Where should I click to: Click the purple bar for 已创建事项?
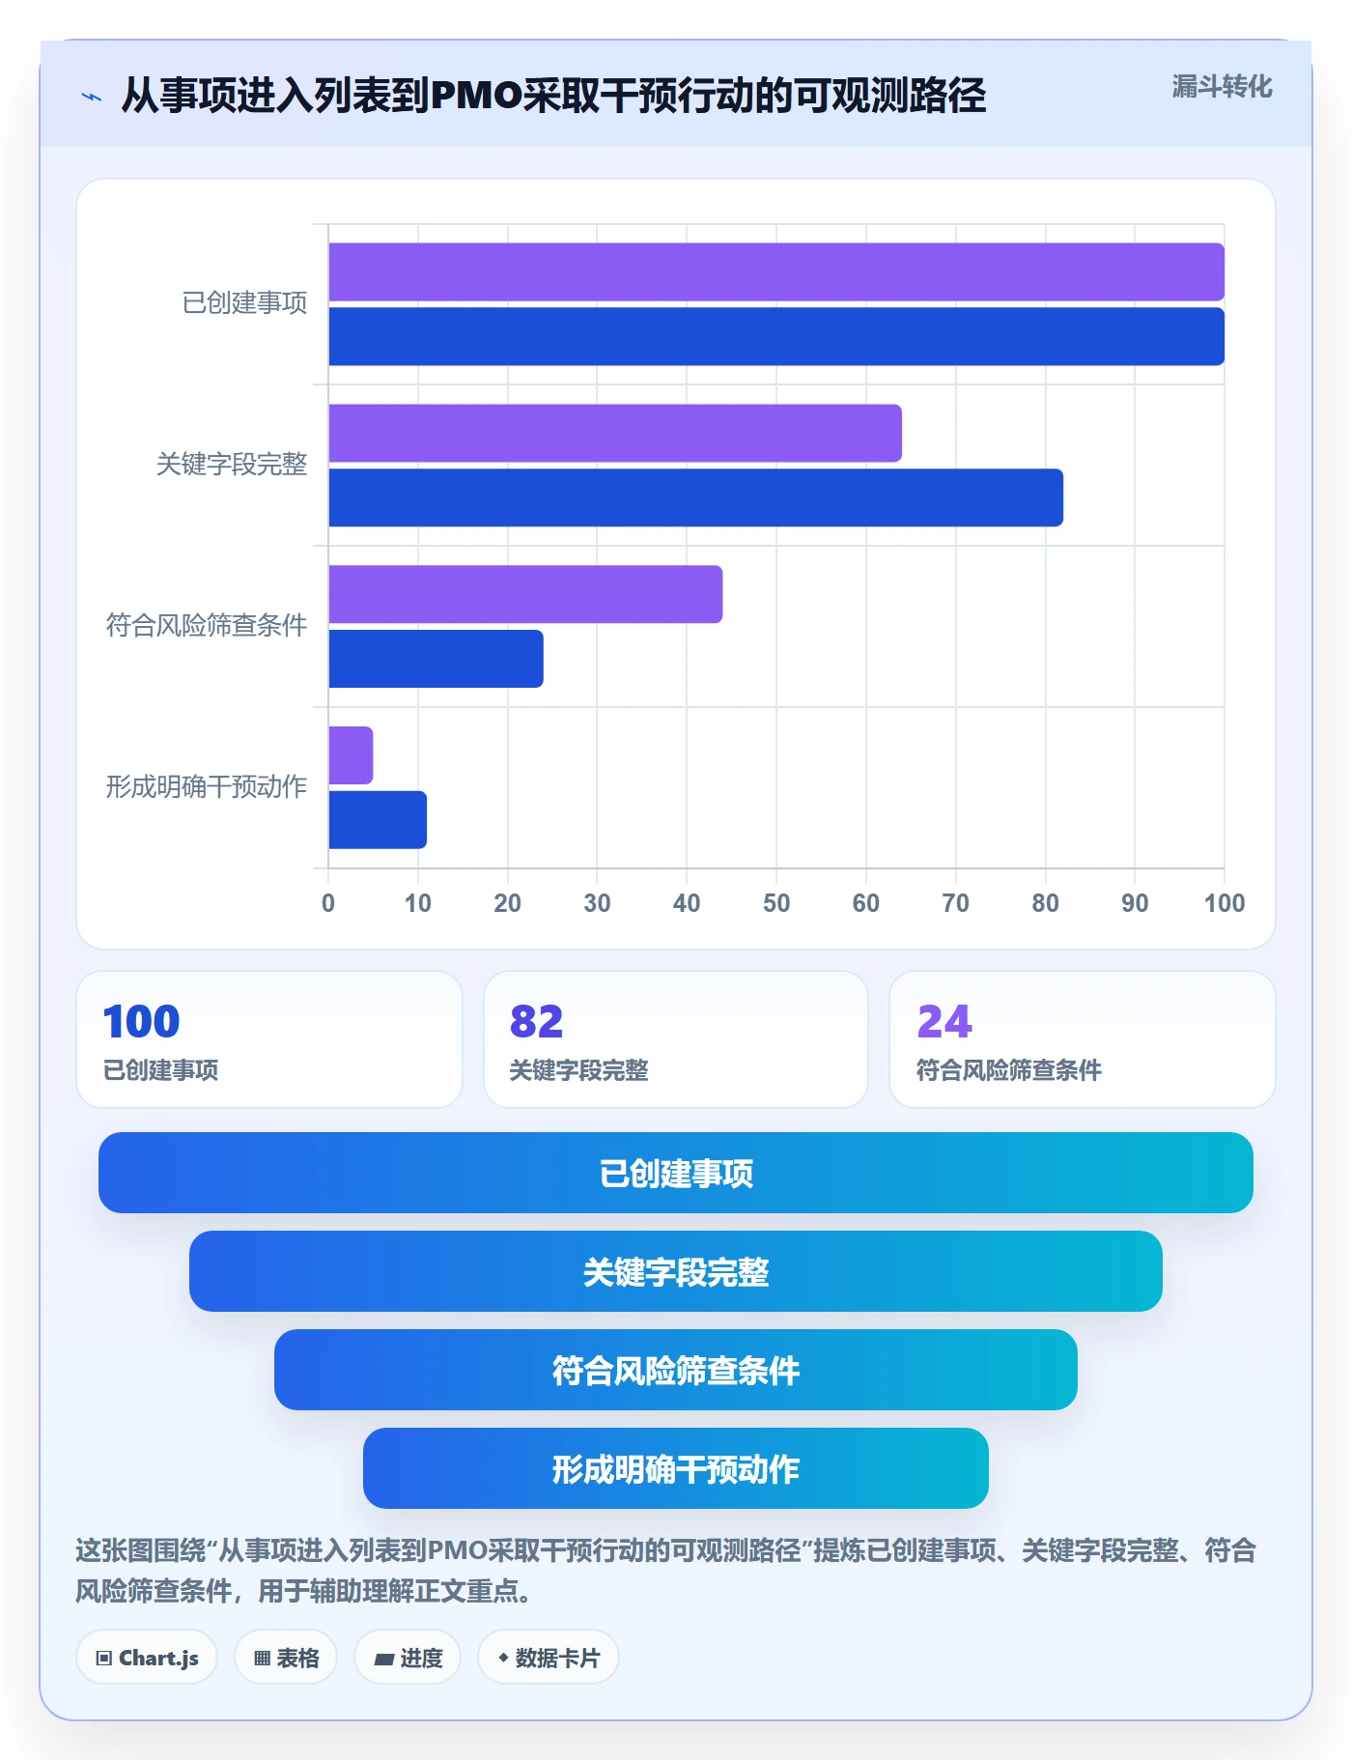pos(776,272)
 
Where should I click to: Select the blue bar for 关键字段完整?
pos(695,497)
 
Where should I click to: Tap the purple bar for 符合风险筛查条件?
pos(525,594)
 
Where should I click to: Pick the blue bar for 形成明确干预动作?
pos(378,820)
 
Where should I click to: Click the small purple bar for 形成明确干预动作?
pos(351,755)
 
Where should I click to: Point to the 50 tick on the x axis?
pos(776,903)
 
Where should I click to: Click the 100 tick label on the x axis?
pos(1225,903)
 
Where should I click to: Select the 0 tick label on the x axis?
pos(328,903)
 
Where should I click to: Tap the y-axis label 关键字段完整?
pos(232,465)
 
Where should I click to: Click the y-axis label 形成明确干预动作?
pos(207,787)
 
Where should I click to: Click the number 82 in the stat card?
pos(536,1021)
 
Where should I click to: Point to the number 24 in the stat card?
pos(944,1021)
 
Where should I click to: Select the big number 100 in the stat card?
pos(141,1021)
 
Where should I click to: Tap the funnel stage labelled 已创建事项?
pos(676,1173)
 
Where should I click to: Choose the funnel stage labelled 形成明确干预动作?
pos(676,1468)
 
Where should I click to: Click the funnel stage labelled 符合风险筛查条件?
pos(676,1370)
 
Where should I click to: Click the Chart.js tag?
pos(147,1658)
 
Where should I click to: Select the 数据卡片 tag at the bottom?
pos(549,1658)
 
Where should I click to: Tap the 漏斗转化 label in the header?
pos(1222,87)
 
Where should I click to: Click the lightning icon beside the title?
pos(92,97)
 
